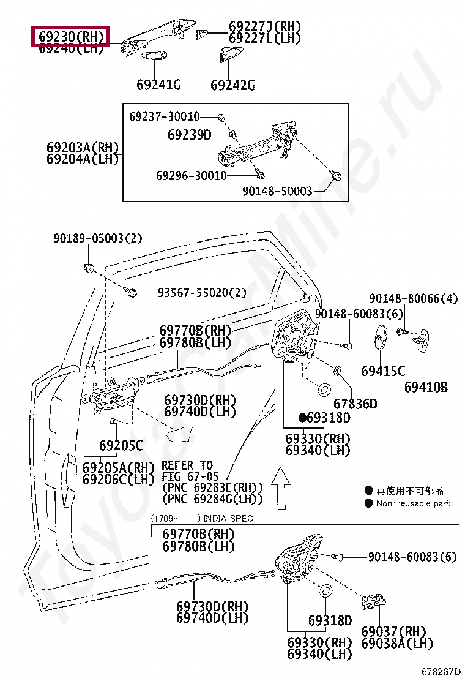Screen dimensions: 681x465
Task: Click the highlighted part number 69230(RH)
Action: coord(70,37)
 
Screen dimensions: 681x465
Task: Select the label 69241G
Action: coord(158,85)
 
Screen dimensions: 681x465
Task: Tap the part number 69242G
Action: coord(232,85)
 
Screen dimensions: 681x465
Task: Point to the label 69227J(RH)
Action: coord(265,27)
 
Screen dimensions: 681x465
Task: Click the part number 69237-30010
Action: coord(164,116)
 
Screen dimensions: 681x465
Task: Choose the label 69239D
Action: coord(190,134)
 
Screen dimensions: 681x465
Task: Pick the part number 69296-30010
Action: coord(191,176)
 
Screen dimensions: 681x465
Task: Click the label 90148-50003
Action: coord(277,192)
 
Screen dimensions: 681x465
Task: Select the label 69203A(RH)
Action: coord(82,148)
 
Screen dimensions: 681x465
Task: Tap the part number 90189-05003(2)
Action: coord(97,238)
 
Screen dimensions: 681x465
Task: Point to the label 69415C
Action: coord(383,371)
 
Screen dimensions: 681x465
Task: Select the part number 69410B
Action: coord(426,387)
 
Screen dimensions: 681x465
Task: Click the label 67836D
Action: coord(355,404)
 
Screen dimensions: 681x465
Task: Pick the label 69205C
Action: coord(121,445)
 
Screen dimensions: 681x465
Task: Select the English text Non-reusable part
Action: coord(412,503)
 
